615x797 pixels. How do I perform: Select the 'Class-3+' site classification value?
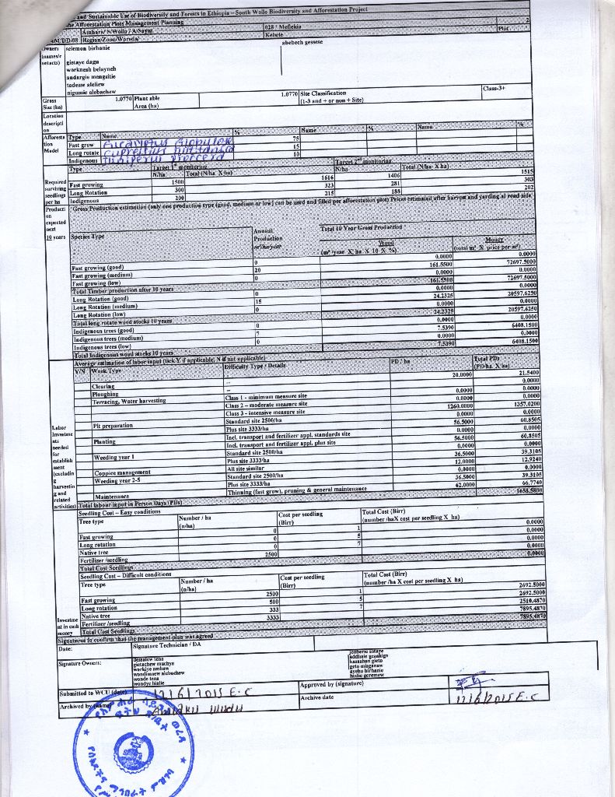(494, 89)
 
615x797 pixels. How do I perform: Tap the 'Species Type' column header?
(88, 235)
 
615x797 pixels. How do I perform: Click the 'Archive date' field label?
(318, 697)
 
